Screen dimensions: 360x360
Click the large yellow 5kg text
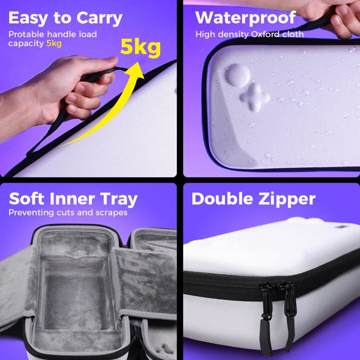click(x=140, y=48)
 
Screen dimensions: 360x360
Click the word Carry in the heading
click(x=99, y=19)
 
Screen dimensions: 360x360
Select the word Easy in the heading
click(x=28, y=19)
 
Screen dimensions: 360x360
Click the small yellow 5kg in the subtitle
click(x=54, y=43)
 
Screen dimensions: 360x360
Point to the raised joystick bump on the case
click(x=238, y=75)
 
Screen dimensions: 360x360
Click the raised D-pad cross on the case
click(x=255, y=97)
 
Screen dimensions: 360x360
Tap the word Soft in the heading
click(x=26, y=199)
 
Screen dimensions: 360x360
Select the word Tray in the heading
click(x=119, y=200)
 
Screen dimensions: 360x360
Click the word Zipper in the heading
click(x=287, y=200)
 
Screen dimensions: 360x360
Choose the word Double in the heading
click(x=222, y=199)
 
